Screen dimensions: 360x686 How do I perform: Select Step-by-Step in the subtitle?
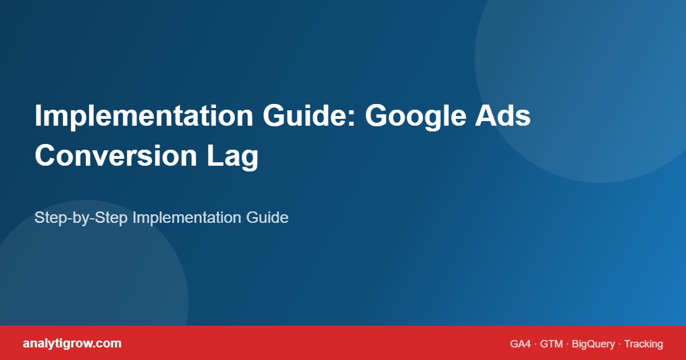coord(81,218)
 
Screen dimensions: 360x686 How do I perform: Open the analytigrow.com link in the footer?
coord(72,343)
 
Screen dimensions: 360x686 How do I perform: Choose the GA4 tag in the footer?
coord(520,344)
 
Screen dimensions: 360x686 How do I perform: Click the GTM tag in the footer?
coord(552,344)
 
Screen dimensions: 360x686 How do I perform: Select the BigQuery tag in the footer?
coord(593,344)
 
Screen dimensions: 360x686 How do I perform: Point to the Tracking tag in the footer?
coord(643,344)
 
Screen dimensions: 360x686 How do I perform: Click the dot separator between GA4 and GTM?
coord(536,344)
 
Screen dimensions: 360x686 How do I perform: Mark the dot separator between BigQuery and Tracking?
coord(619,344)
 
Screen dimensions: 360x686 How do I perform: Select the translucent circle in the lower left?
coord(86,274)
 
